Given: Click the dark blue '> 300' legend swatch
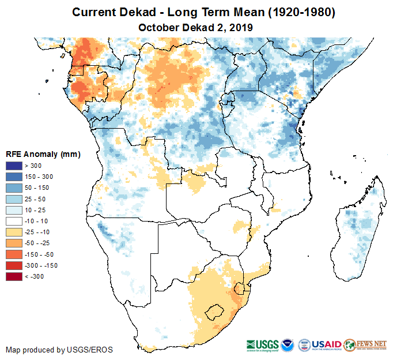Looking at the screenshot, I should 14,166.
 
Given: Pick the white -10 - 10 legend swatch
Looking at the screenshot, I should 14,221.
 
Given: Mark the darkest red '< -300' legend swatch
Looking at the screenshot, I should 14,276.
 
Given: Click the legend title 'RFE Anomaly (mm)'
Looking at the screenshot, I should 43,154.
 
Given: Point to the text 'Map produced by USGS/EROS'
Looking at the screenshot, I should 59,350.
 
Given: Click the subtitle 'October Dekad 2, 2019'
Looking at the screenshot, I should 197,27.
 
